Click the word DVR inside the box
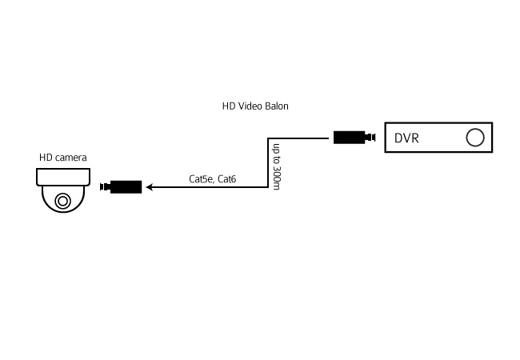[x=406, y=138]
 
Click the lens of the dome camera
[x=63, y=201]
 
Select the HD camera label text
[x=63, y=158]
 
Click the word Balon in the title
[x=277, y=106]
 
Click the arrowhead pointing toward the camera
[x=150, y=187]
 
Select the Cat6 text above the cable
[x=227, y=179]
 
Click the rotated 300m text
[x=276, y=178]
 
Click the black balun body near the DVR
[x=349, y=138]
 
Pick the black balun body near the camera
[x=126, y=187]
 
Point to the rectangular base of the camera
[x=63, y=177]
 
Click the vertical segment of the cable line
[x=268, y=162]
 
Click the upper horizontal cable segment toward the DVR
[x=298, y=138]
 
